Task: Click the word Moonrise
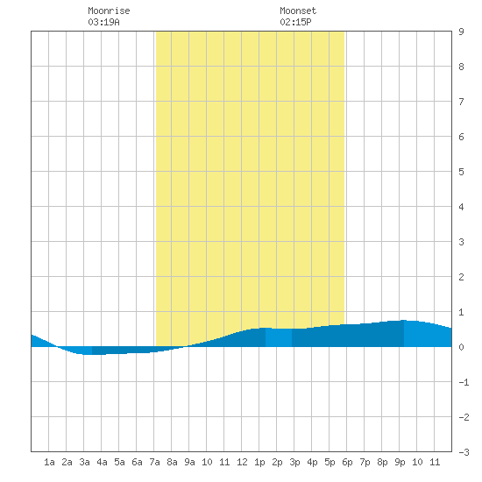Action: [x=109, y=11]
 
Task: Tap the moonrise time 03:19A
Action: [x=103, y=22]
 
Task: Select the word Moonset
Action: [x=298, y=11]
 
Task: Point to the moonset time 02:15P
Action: [x=295, y=22]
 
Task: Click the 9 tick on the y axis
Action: [x=461, y=32]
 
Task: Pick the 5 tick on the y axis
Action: [x=461, y=172]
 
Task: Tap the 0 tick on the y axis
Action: [x=461, y=347]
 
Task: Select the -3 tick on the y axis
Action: [x=464, y=452]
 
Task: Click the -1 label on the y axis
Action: [x=464, y=382]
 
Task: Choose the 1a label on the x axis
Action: [x=49, y=462]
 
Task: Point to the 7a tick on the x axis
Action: [x=154, y=462]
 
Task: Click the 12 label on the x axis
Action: [x=242, y=462]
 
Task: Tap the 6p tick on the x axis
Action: [x=347, y=462]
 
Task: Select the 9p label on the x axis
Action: [x=400, y=462]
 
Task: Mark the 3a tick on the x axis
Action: [x=84, y=462]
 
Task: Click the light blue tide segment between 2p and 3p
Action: [x=279, y=337]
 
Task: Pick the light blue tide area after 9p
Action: [x=428, y=334]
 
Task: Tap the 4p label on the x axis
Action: [x=312, y=462]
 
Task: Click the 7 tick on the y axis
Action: [x=461, y=102]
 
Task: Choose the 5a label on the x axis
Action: [x=119, y=462]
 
